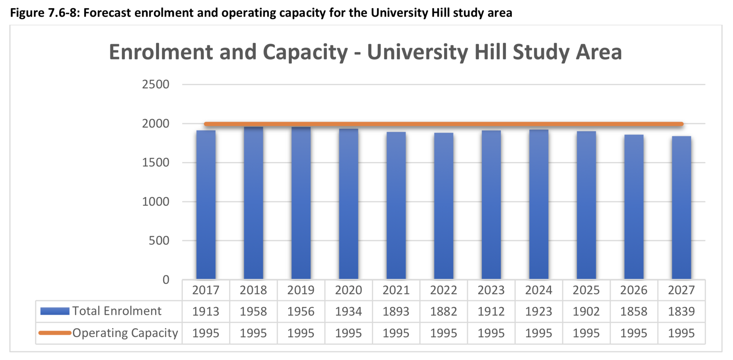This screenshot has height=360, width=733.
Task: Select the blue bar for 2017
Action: (x=206, y=205)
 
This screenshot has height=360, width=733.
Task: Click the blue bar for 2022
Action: (x=443, y=206)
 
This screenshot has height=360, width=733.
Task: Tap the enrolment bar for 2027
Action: (x=681, y=208)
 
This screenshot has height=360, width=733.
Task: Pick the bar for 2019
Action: (x=301, y=203)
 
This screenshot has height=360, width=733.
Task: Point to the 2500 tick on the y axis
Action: (x=155, y=84)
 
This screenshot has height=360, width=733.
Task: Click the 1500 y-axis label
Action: (x=155, y=162)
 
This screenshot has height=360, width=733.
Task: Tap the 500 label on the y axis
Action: (x=159, y=240)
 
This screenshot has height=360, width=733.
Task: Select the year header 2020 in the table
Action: (x=348, y=290)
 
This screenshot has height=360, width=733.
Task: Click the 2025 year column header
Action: (x=586, y=290)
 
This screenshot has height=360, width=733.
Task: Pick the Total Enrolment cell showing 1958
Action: (x=253, y=311)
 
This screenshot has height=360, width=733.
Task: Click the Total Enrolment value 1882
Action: (x=443, y=311)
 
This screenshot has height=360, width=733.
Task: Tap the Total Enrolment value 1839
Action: (x=681, y=311)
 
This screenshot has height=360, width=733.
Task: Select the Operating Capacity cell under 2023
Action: (x=491, y=333)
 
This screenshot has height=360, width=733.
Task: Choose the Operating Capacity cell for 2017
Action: (x=206, y=333)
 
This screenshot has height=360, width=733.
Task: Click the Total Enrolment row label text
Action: (x=117, y=311)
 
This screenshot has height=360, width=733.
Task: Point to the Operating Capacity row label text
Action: (x=125, y=333)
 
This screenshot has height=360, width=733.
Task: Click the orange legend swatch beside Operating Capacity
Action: (x=55, y=333)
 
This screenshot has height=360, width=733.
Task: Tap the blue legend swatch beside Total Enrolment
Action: (x=55, y=311)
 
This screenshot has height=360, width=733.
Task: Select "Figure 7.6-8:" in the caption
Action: (x=45, y=13)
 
